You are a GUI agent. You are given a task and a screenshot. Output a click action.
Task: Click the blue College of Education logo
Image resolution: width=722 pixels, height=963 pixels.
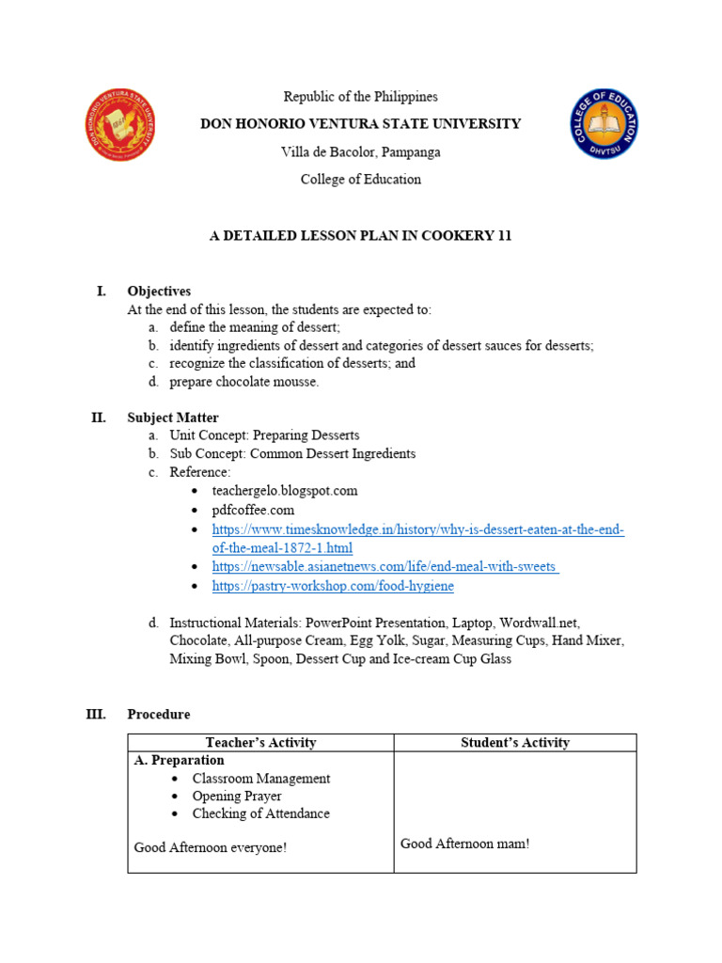604,124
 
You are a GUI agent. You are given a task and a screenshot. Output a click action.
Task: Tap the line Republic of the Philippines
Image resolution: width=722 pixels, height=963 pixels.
361,97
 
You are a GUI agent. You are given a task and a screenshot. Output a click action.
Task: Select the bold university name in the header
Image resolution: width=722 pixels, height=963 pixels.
361,124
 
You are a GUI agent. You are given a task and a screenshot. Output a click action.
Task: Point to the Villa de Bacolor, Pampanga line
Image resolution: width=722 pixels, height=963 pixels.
361,151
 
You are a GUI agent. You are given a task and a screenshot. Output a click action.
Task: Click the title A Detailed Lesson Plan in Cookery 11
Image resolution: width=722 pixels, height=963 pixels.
360,236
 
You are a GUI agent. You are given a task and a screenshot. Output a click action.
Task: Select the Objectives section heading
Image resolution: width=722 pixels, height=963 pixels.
159,292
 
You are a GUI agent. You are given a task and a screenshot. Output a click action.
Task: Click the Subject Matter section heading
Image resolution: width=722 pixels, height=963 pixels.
173,418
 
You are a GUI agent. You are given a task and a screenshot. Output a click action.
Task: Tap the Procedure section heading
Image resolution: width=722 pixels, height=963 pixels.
158,715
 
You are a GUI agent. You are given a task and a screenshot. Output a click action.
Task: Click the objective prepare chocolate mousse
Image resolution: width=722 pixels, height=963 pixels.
243,382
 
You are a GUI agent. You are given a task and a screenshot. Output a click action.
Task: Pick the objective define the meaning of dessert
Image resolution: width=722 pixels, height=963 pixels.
255,327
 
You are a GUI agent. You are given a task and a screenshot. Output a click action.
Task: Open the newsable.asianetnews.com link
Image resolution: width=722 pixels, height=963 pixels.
385,567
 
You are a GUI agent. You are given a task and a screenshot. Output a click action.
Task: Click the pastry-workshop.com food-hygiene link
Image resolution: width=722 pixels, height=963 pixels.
333,586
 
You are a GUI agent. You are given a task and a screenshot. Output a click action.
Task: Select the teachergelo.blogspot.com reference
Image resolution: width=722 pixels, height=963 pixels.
285,491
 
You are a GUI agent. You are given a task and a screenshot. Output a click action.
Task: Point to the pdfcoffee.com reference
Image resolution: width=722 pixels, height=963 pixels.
253,510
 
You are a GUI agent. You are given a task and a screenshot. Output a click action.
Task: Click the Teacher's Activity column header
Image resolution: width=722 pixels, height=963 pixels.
260,743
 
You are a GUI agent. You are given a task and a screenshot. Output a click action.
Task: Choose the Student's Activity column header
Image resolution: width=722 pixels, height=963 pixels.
515,743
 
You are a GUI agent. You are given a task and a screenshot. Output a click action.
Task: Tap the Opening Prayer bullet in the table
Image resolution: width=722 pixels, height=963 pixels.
237,797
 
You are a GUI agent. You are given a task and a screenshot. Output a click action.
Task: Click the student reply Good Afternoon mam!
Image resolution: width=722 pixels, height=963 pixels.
464,844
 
